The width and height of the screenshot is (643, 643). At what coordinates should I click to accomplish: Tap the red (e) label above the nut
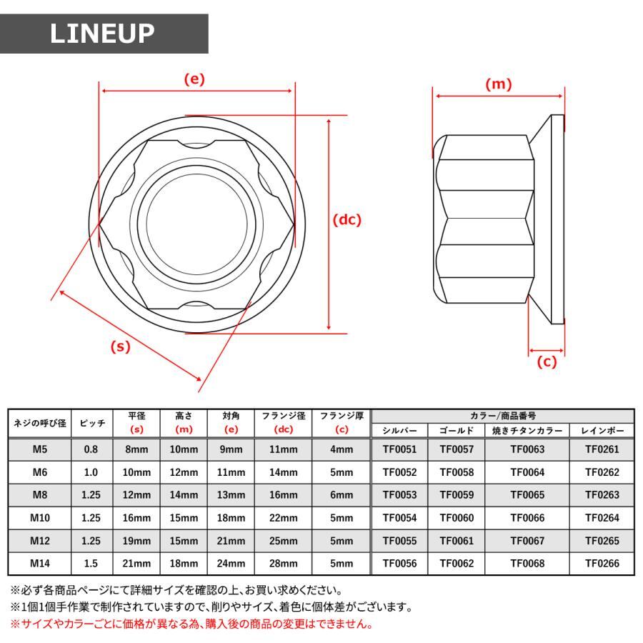(194, 79)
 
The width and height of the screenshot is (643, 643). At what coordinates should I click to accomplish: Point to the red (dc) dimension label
(347, 220)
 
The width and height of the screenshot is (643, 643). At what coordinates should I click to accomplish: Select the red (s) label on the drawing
(121, 347)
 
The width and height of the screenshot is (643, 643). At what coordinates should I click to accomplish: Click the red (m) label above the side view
(499, 84)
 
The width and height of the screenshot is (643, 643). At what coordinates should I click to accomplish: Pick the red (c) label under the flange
(547, 362)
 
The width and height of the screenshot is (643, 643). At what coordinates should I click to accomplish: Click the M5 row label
(39, 449)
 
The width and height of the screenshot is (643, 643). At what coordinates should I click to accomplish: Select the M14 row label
(39, 564)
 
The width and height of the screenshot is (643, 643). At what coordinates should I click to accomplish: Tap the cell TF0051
(399, 449)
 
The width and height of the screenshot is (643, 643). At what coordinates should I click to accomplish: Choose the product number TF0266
(602, 564)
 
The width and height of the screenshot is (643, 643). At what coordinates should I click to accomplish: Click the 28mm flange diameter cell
(283, 564)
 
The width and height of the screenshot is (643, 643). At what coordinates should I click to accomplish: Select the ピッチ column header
(92, 423)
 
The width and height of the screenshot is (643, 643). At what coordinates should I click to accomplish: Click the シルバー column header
(399, 431)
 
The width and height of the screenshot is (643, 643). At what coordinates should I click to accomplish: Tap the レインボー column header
(602, 431)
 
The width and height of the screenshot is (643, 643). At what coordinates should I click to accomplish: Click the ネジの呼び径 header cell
(39, 423)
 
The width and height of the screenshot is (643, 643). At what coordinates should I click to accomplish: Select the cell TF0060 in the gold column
(456, 518)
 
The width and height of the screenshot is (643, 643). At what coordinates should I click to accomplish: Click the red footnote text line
(191, 624)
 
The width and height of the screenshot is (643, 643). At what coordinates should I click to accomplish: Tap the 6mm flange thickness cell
(342, 495)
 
